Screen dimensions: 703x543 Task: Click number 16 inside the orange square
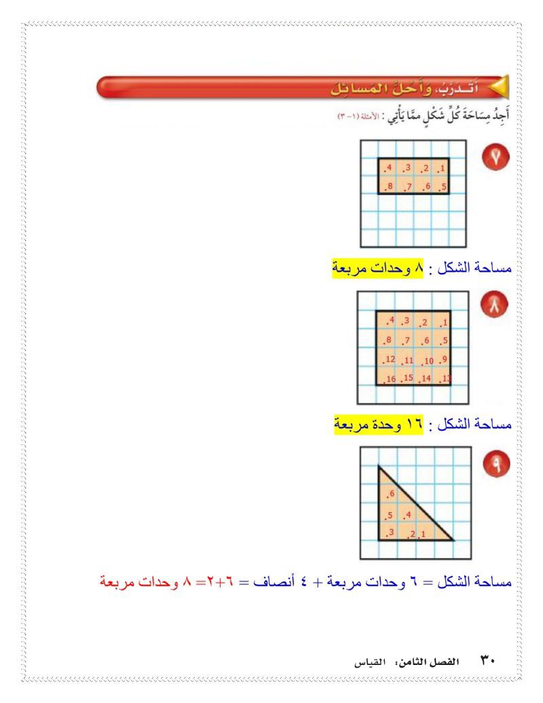coord(390,378)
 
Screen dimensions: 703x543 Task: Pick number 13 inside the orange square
coord(445,378)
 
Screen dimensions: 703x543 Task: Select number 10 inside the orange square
coord(428,361)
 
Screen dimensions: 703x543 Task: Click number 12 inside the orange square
coord(390,359)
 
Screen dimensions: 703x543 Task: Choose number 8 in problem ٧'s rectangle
coord(389,187)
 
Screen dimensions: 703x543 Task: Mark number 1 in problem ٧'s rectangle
coord(441,168)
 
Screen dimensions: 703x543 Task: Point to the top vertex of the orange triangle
coord(379,467)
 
